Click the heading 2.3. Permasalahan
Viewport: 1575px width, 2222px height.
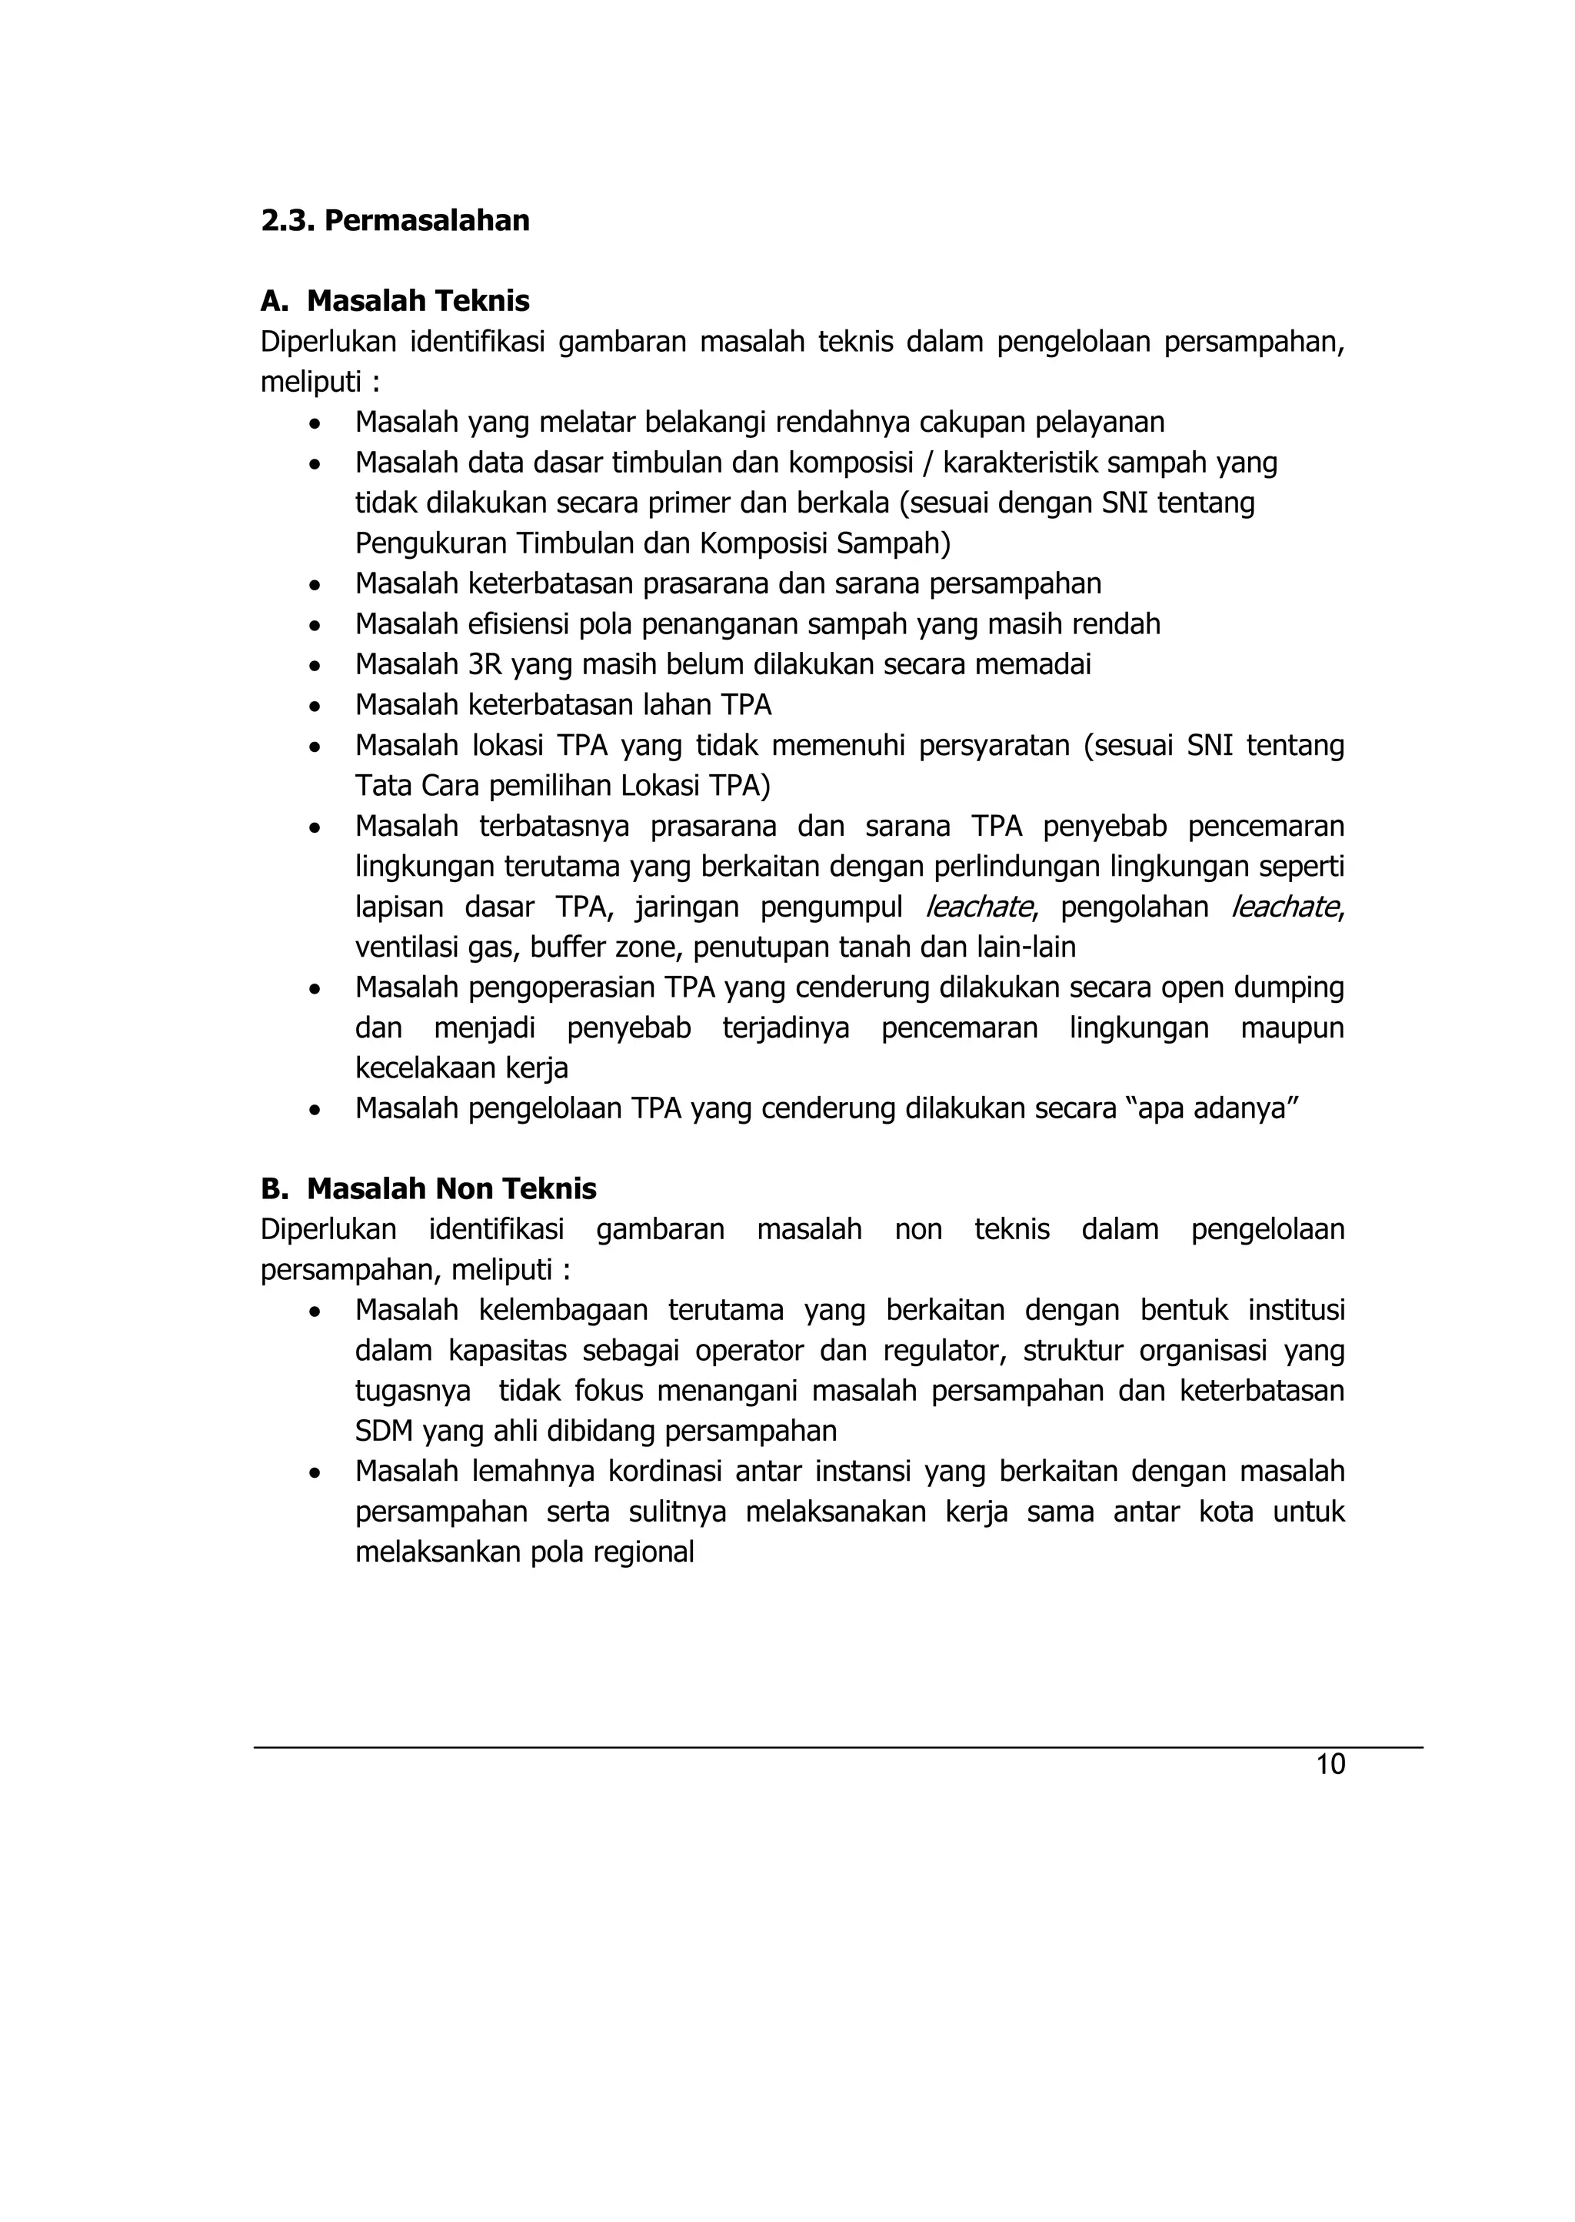pyautogui.click(x=395, y=220)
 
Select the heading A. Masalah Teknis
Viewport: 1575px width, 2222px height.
pyautogui.click(x=395, y=301)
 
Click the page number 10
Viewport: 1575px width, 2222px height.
pyautogui.click(x=1330, y=1764)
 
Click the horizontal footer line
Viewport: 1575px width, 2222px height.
pyautogui.click(x=838, y=1748)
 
